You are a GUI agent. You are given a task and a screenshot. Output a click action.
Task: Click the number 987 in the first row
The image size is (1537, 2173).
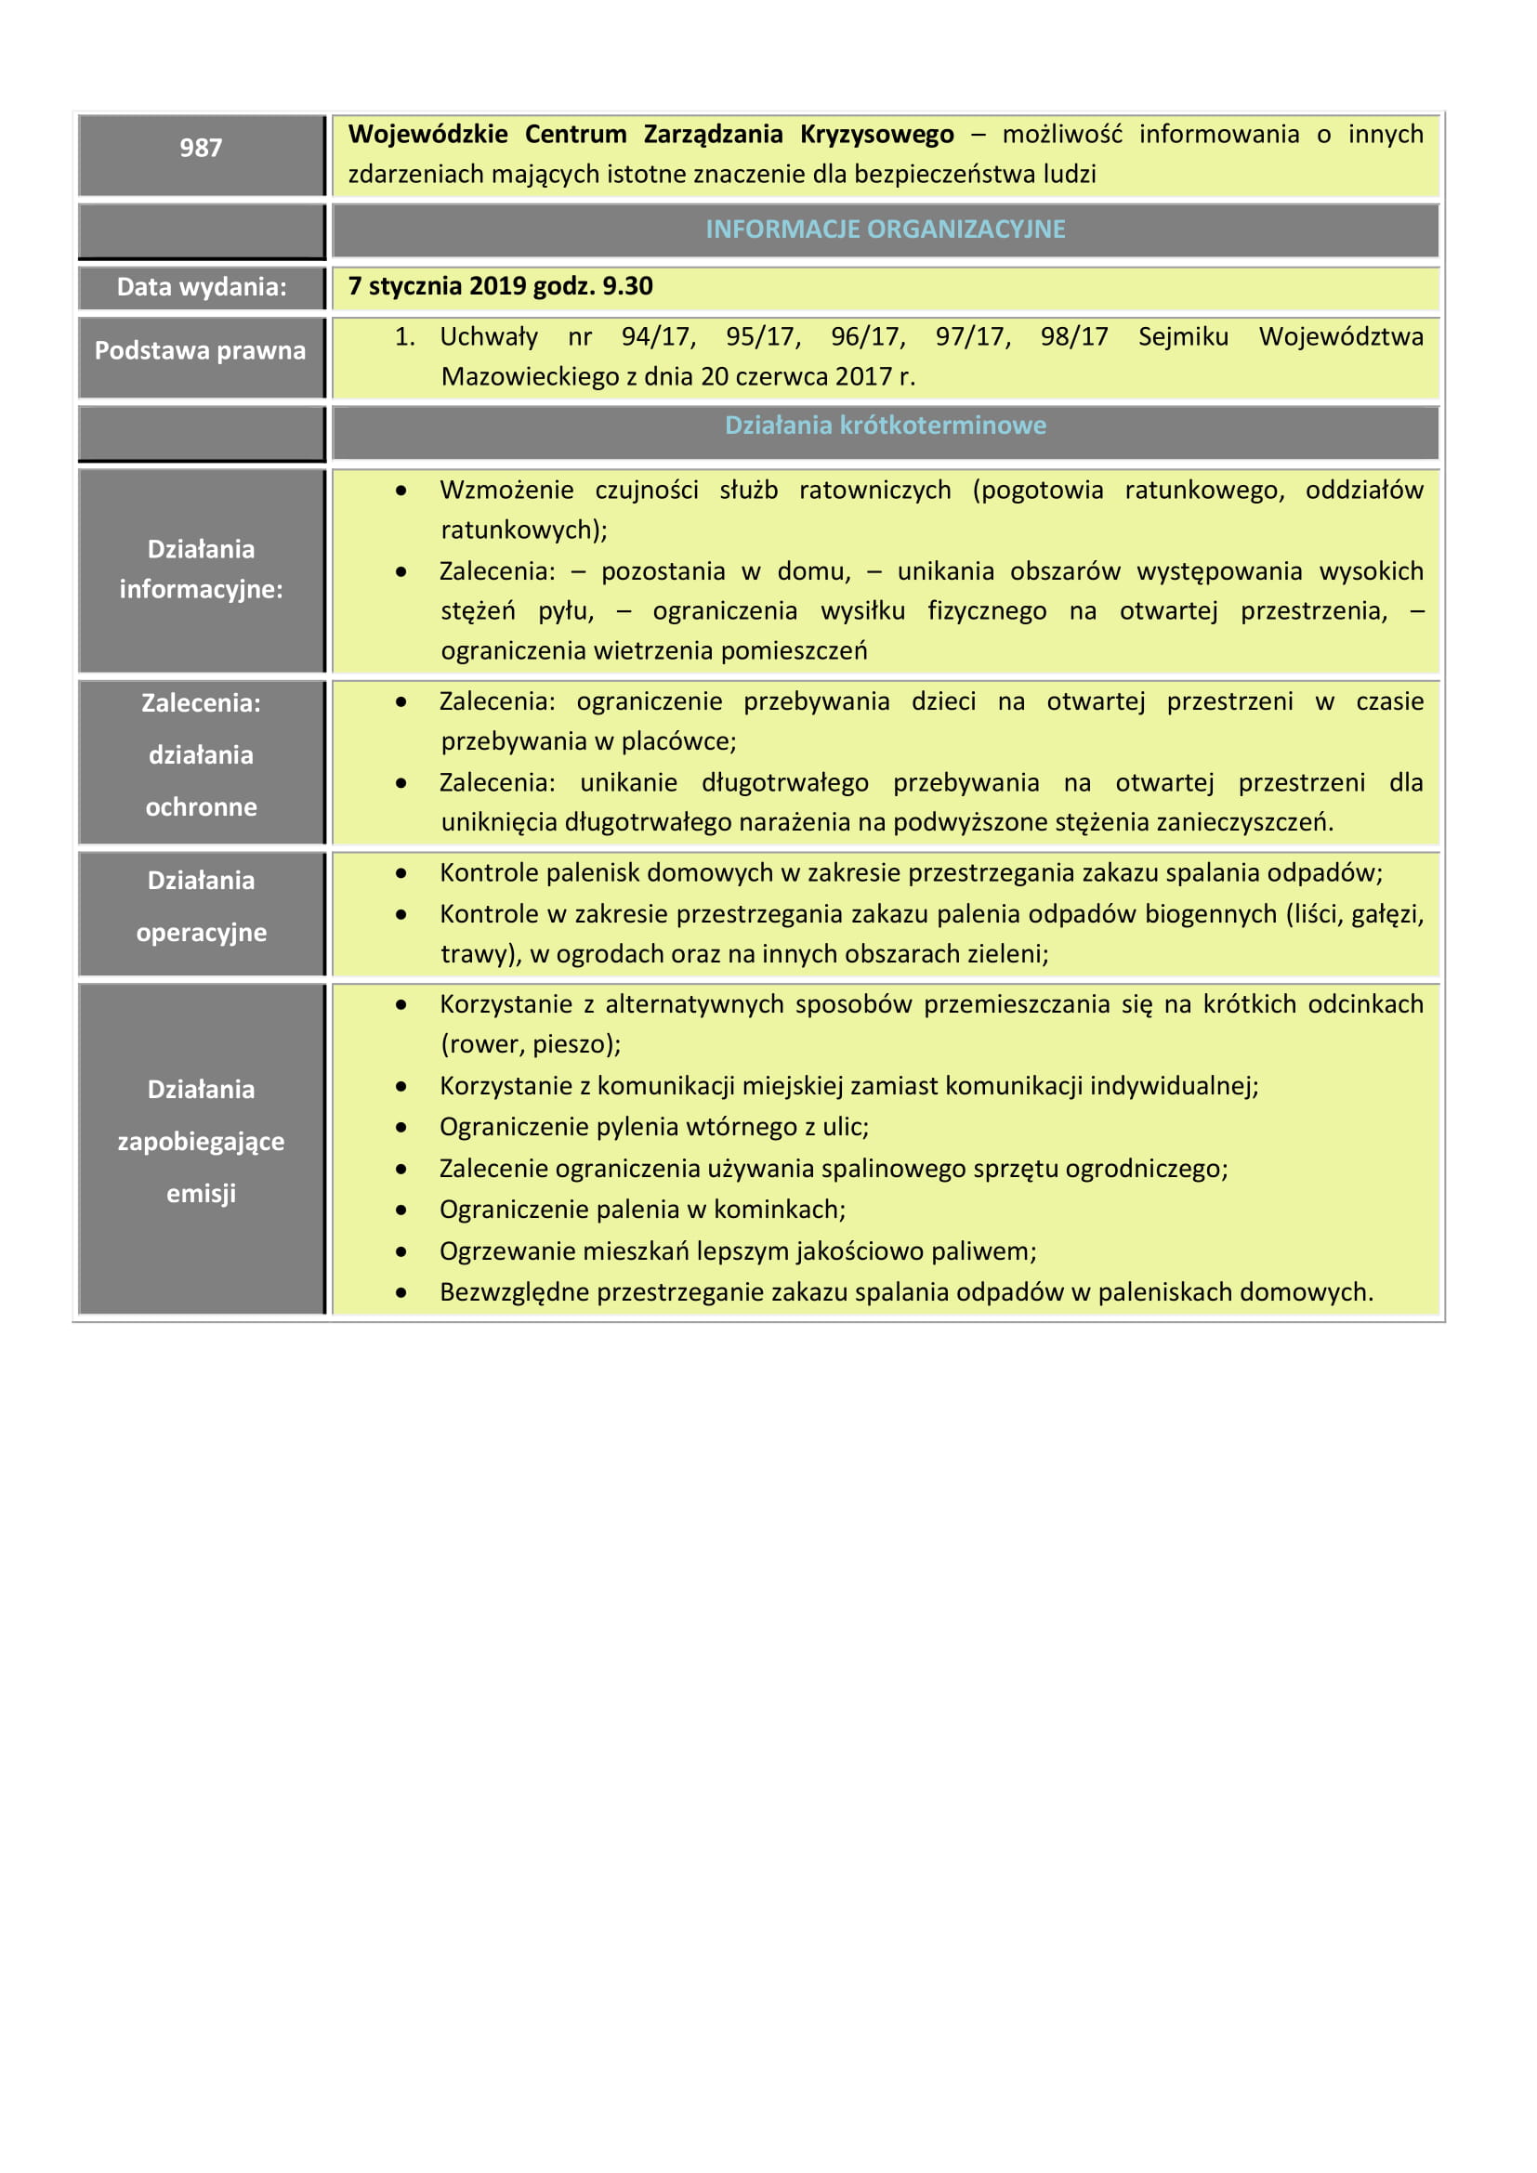(x=201, y=148)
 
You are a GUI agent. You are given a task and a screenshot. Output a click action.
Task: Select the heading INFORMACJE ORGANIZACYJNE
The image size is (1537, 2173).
(x=885, y=229)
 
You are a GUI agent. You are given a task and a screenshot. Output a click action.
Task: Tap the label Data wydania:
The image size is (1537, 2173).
(x=201, y=287)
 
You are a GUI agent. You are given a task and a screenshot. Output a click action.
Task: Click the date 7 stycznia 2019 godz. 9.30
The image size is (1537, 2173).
(x=500, y=286)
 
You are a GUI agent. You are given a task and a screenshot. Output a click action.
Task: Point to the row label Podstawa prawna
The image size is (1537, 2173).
(x=201, y=350)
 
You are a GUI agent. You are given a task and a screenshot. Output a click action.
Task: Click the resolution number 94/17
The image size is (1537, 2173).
(x=658, y=337)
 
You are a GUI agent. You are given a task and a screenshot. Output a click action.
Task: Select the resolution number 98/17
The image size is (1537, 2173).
(x=1073, y=337)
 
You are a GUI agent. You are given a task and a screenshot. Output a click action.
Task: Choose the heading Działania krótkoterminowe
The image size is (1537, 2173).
(x=885, y=425)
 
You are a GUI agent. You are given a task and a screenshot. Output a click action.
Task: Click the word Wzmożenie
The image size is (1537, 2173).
(x=506, y=491)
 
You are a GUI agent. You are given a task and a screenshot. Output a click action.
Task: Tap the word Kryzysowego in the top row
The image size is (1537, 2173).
(x=876, y=135)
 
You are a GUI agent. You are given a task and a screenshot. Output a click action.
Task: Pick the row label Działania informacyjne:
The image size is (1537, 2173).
(x=201, y=569)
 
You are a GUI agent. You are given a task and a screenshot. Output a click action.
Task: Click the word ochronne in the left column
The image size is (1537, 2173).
(x=201, y=806)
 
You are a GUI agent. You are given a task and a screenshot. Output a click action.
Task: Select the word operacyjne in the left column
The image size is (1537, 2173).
(x=201, y=932)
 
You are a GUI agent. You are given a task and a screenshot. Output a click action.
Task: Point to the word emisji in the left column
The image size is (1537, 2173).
(x=201, y=1194)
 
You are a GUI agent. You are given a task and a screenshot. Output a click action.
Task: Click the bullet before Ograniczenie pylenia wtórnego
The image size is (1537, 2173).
(x=401, y=1127)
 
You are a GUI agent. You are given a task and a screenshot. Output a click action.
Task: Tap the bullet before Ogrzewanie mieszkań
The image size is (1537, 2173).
(x=401, y=1252)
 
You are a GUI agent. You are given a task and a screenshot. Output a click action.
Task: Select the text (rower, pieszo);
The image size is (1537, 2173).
(x=530, y=1044)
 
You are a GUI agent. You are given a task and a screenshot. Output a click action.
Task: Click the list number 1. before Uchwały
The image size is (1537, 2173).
(x=404, y=337)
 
